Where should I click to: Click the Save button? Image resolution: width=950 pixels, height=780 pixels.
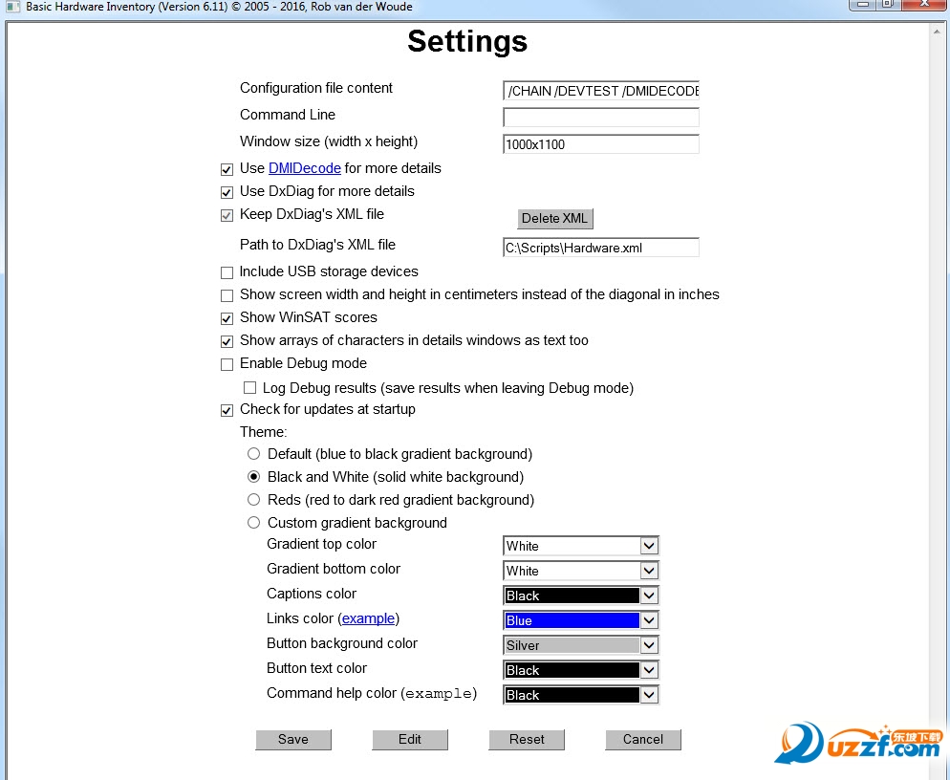(x=293, y=739)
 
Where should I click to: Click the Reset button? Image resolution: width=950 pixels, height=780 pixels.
(x=527, y=739)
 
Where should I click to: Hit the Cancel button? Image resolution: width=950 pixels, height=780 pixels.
(x=643, y=739)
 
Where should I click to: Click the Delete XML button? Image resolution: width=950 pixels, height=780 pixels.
(x=554, y=218)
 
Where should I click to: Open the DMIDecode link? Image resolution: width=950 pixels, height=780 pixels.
(x=304, y=168)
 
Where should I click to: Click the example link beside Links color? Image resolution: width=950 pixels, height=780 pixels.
(x=368, y=618)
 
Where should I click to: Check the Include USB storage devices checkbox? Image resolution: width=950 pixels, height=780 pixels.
(x=227, y=272)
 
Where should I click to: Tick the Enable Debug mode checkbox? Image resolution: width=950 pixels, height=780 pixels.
(x=227, y=364)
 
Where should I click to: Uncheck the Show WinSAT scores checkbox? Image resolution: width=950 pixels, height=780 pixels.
(x=227, y=318)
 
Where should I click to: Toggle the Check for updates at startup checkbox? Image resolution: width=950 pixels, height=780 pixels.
(x=227, y=410)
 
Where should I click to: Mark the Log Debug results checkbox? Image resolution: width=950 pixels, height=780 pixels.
(x=249, y=388)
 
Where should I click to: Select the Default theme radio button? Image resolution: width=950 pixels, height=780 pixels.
(x=253, y=453)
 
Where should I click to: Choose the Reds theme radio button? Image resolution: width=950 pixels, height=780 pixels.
(x=253, y=499)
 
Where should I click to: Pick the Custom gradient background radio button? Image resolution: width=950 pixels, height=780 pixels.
(x=253, y=522)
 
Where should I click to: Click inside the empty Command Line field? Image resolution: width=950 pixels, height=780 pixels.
(x=601, y=118)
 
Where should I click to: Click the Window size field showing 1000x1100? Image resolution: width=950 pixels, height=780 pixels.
(x=601, y=144)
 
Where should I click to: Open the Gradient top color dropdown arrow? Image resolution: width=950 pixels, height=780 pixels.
(x=649, y=546)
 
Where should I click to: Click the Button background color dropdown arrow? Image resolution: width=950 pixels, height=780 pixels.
(x=649, y=645)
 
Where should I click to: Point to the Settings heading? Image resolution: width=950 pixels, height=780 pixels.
(x=466, y=41)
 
